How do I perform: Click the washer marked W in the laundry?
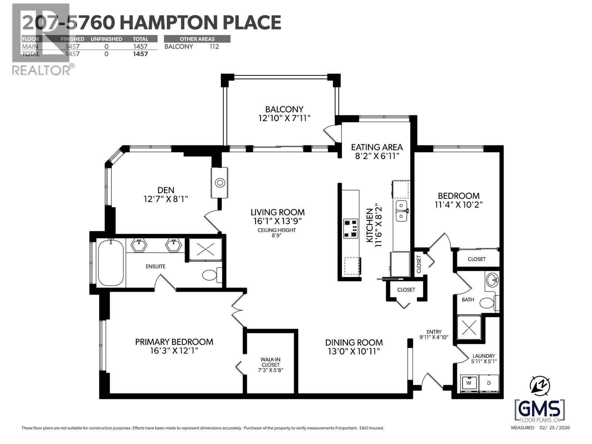coord(469,384)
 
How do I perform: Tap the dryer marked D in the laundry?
coord(489,384)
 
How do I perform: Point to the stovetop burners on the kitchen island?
coord(350,229)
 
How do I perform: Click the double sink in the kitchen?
coord(401,211)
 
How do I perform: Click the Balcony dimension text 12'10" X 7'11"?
coord(284,118)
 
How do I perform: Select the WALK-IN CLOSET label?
coord(270,361)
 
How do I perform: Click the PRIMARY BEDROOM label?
coord(174,342)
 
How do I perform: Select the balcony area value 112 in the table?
coord(214,47)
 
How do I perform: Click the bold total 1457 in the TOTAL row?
coord(141,54)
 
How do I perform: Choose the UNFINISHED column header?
coord(107,39)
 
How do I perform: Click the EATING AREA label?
coord(377,147)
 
